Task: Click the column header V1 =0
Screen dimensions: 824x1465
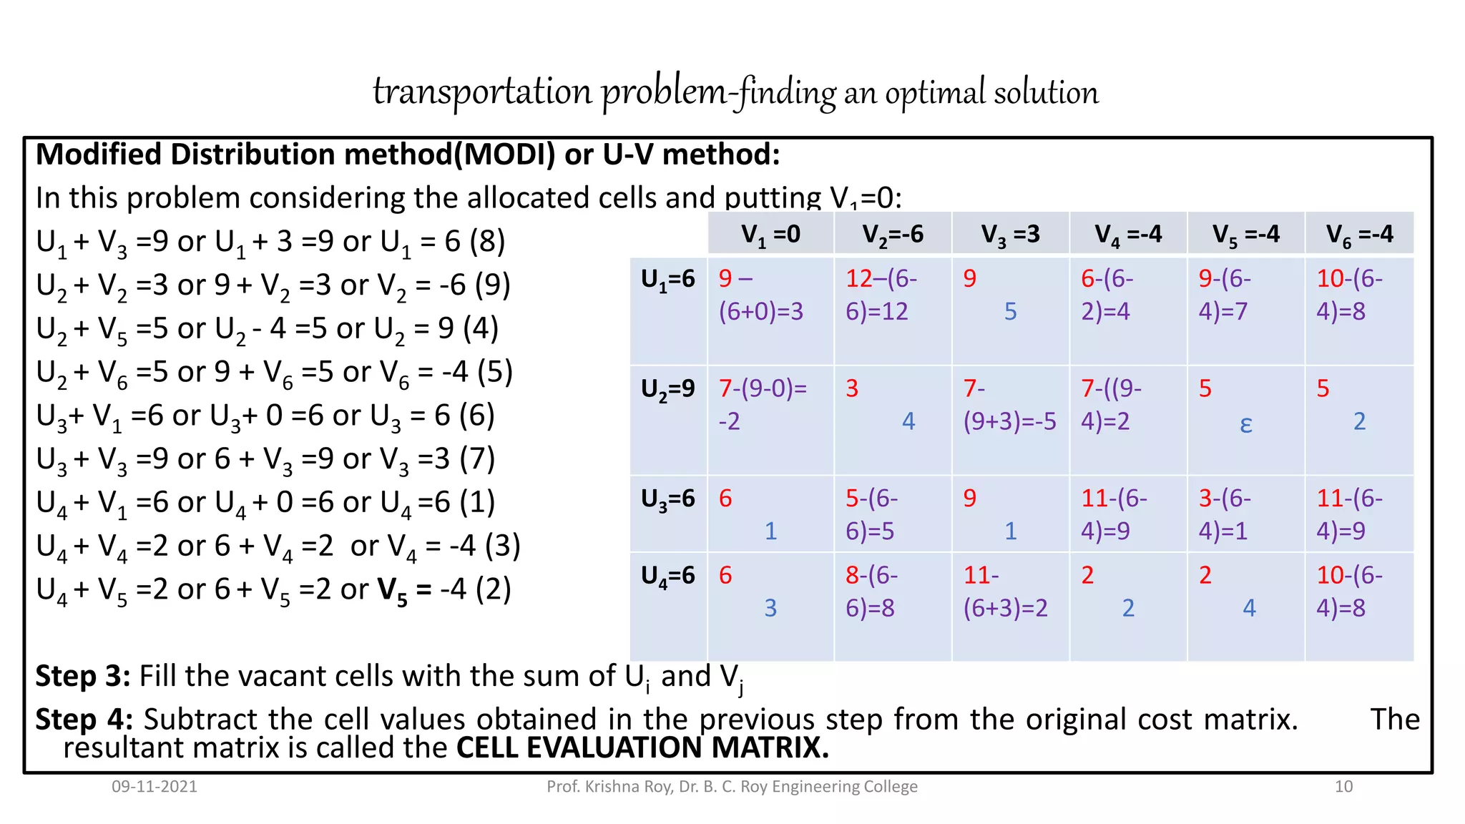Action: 770,234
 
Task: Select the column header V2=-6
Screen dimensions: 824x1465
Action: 892,234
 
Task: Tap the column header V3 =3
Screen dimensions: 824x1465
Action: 1010,234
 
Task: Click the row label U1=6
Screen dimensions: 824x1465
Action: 667,279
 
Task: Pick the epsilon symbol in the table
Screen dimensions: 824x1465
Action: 1245,423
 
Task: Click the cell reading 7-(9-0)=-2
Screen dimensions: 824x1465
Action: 763,405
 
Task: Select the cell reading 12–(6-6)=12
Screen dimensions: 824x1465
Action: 881,295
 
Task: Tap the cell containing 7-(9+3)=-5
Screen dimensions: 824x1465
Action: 1009,405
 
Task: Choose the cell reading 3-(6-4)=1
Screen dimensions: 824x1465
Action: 1224,514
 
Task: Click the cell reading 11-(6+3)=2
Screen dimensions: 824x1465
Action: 1005,592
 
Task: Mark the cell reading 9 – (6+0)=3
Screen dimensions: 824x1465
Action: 761,295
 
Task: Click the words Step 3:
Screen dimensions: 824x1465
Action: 82,676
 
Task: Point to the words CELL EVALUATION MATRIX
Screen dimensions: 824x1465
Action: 642,748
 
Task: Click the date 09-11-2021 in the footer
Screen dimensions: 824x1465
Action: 154,787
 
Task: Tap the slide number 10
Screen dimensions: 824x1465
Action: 1343,787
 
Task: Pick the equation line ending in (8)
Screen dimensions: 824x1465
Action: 270,242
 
